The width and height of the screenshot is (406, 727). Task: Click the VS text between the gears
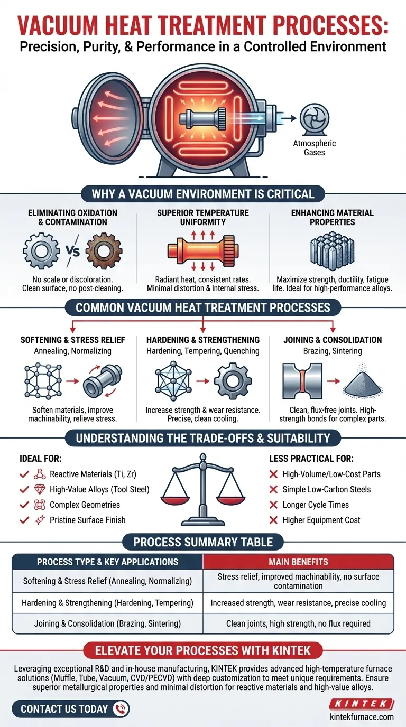click(73, 251)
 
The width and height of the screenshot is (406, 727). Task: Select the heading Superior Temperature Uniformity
click(203, 217)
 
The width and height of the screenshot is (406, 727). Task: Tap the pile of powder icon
click(360, 381)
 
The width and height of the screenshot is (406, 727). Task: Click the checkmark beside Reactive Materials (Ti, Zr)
click(24, 474)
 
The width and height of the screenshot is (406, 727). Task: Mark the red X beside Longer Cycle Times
click(273, 505)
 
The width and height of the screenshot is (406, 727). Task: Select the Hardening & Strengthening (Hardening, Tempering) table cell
click(107, 603)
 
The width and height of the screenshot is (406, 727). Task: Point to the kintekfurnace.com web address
click(361, 717)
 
